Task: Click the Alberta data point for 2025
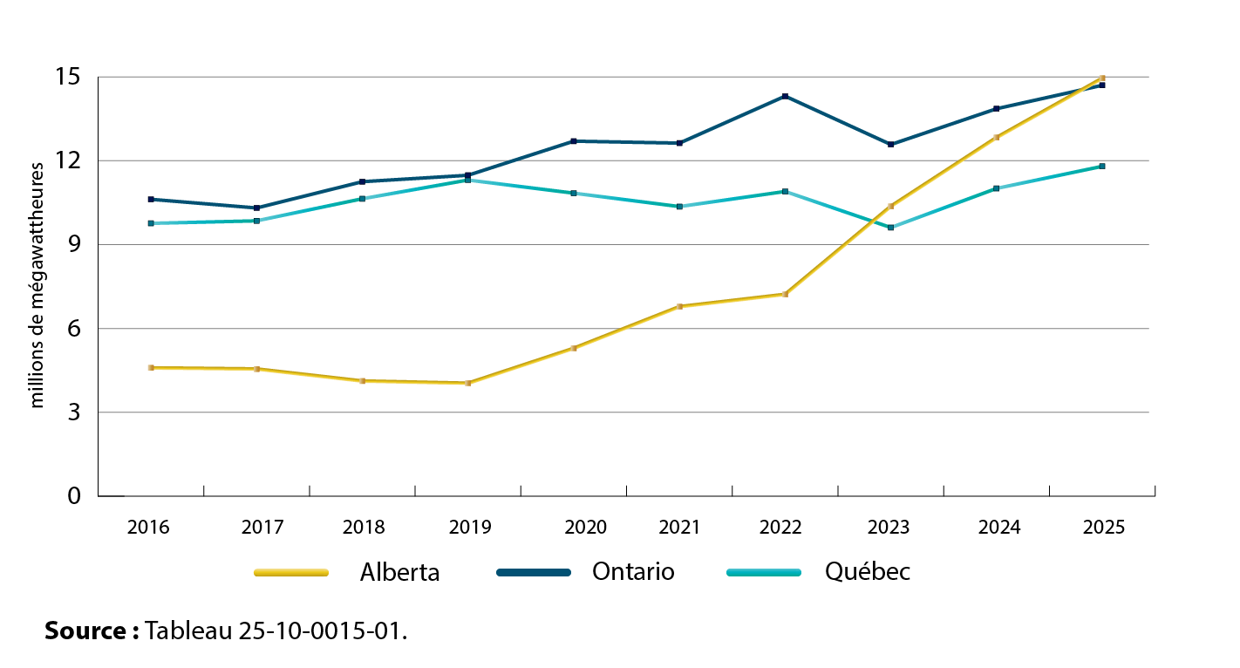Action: (1102, 78)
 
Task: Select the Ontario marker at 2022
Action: (786, 96)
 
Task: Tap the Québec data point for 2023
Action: (890, 227)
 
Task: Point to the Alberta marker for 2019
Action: (468, 383)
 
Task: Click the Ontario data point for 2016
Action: (151, 199)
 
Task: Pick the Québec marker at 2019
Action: (468, 180)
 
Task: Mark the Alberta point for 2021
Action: (679, 306)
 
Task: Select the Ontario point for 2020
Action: (574, 141)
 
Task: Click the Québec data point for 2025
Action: (1102, 166)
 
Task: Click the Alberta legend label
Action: (399, 573)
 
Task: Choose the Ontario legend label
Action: (633, 572)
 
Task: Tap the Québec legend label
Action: (867, 572)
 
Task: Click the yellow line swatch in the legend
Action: (291, 573)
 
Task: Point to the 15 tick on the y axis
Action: (70, 78)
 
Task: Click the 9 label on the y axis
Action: (73, 245)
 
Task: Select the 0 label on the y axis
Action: (73, 496)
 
